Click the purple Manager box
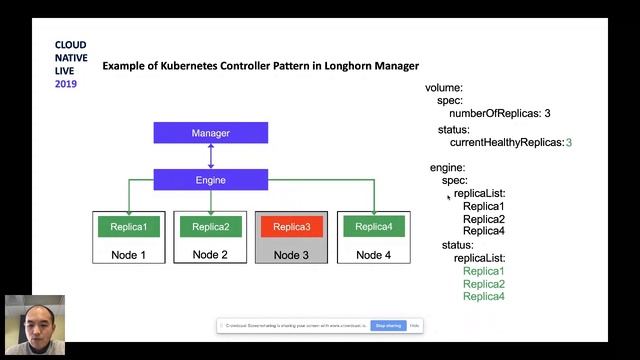pos(210,133)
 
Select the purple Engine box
pos(210,180)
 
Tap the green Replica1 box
pos(129,227)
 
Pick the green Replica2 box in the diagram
pos(210,227)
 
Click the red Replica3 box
pos(291,227)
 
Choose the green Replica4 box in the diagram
pos(373,227)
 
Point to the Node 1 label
pos(129,255)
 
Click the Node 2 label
pos(210,255)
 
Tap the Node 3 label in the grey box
pos(291,255)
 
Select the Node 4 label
pos(373,255)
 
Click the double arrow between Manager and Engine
pos(210,156)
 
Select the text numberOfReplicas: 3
pos(500,114)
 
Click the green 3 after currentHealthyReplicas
pos(569,143)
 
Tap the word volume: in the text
pos(444,88)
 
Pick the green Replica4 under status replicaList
pos(483,297)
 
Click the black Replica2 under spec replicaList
pos(483,219)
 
